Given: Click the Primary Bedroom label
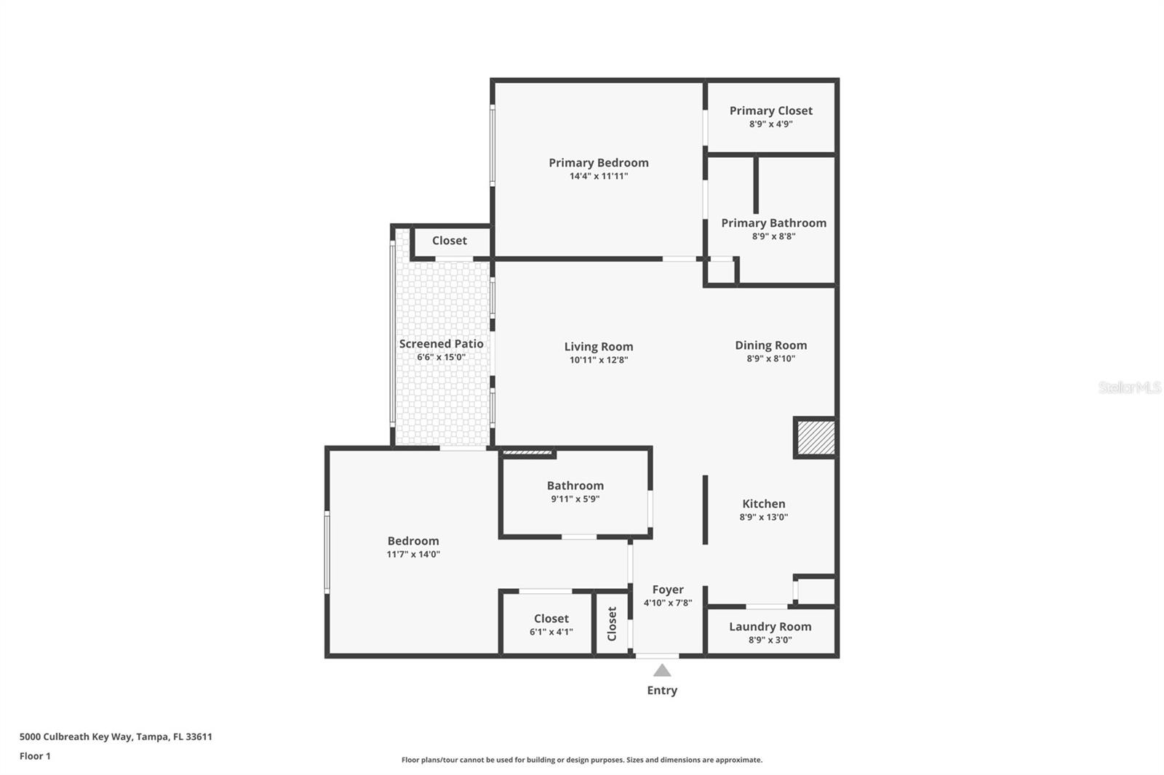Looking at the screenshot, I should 598,163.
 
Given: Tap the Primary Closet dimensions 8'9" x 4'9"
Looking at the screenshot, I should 770,124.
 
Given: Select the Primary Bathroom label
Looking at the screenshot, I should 773,223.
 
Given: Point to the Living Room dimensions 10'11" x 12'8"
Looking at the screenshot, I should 598,360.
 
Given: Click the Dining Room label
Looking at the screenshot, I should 770,345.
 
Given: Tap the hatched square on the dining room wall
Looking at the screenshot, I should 815,438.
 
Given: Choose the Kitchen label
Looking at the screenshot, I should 763,504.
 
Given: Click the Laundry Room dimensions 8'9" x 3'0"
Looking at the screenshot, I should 770,640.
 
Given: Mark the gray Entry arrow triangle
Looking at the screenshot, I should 662,670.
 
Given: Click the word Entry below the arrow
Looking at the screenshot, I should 662,691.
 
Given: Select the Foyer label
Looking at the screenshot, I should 667,590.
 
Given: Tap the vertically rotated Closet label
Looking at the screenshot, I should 612,624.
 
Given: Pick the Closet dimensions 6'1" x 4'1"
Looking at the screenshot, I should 551,632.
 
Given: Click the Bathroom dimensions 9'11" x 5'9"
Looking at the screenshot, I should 575,499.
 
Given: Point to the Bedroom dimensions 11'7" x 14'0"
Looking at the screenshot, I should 412,554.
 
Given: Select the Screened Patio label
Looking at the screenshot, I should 441,344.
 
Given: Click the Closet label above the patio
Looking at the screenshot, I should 449,241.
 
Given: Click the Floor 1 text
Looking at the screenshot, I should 35,756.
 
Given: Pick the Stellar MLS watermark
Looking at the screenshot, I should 1129,387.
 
